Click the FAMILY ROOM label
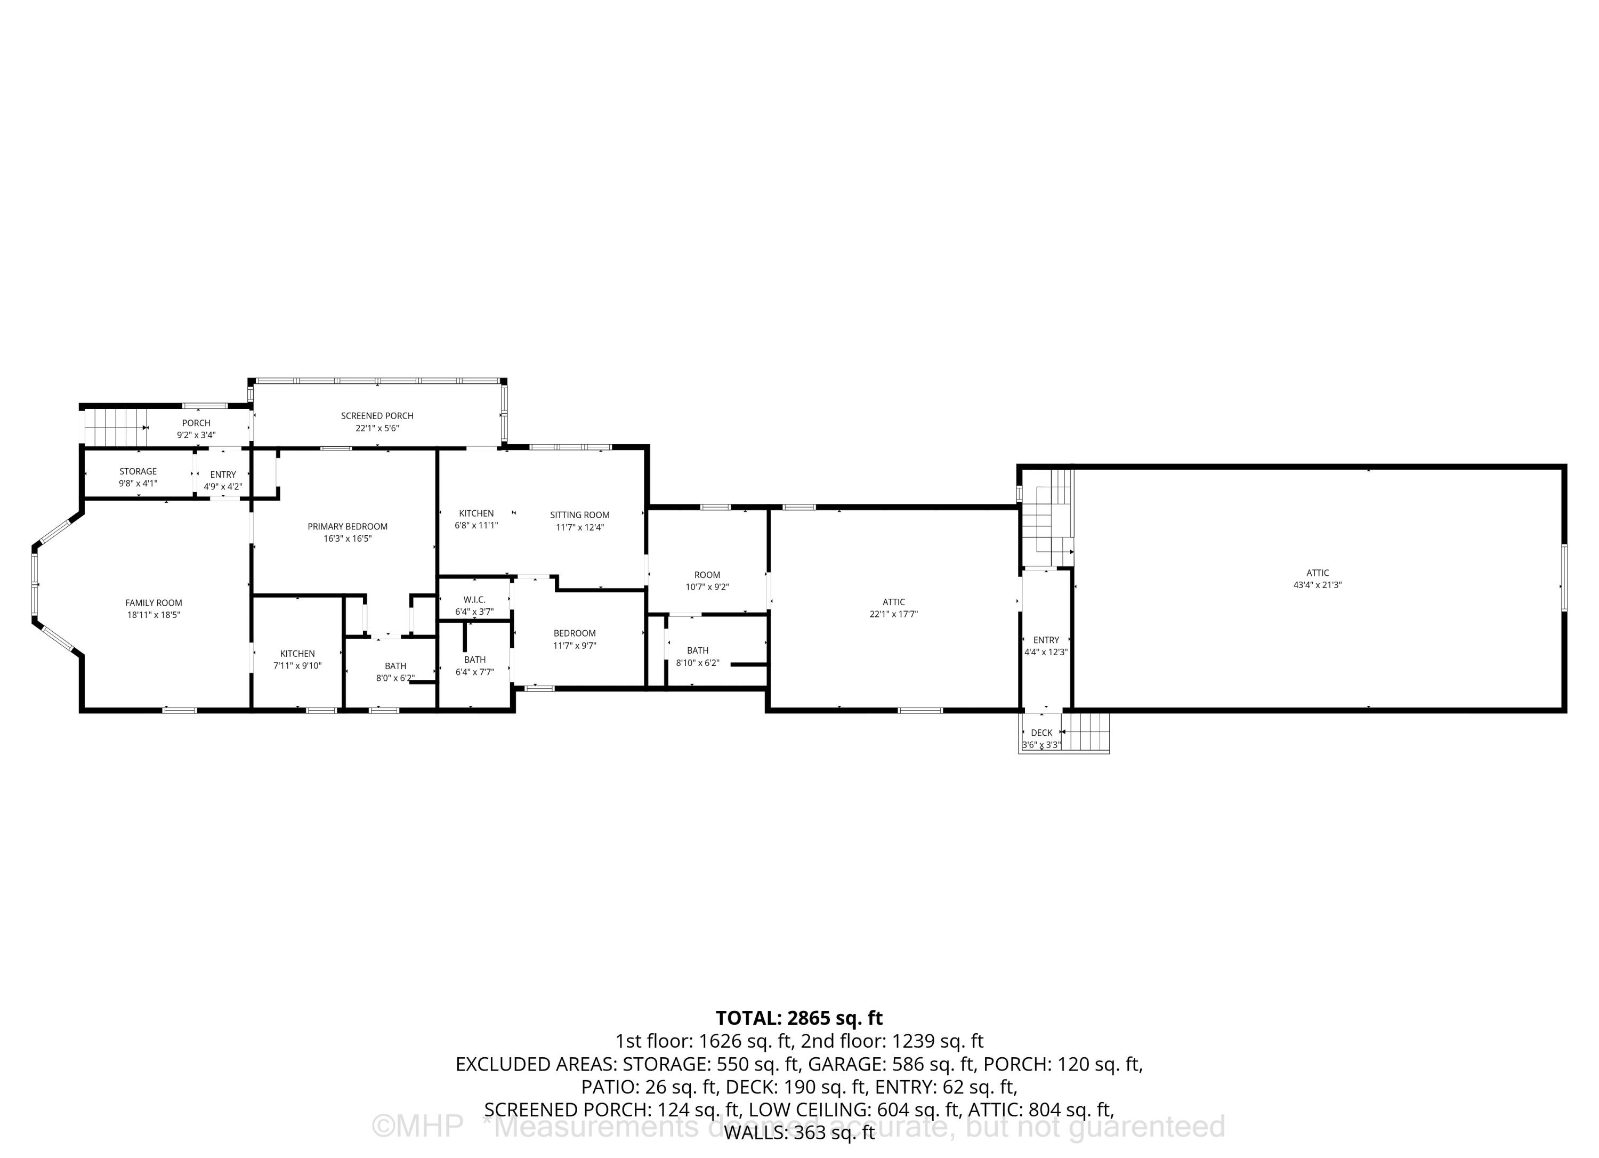coord(154,603)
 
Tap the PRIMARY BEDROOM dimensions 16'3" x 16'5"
coord(348,539)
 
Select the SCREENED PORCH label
coord(377,416)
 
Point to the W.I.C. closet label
coord(474,599)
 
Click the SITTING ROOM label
coord(579,515)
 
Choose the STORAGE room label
coord(138,471)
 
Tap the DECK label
coord(1041,733)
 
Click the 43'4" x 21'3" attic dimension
coord(1317,585)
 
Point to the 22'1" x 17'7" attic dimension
coord(893,614)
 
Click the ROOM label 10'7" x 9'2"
coord(707,575)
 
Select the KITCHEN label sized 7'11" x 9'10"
coord(297,654)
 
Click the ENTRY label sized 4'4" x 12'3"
coord(1046,640)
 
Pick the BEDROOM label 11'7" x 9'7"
coord(575,633)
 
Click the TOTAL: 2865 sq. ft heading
coord(799,1018)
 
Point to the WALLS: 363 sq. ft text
coord(799,1132)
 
